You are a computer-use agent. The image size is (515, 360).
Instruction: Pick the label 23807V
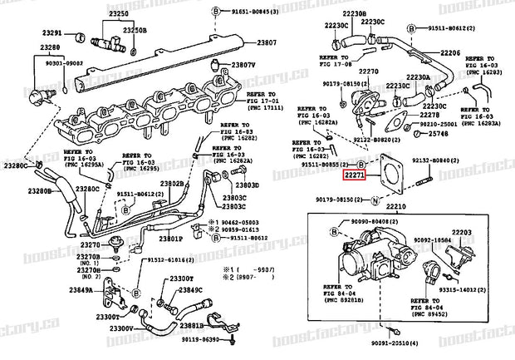tap(245, 65)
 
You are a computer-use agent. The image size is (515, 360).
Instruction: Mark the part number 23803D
tap(247, 185)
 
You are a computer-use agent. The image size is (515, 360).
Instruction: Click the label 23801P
tap(170, 239)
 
